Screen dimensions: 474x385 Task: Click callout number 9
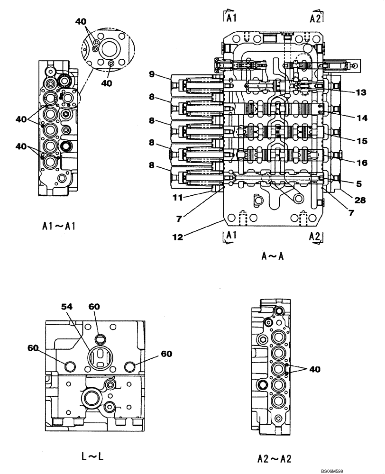click(x=151, y=74)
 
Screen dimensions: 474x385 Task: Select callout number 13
click(x=361, y=93)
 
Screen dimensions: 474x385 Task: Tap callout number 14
click(x=361, y=119)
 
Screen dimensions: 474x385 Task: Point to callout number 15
click(x=361, y=140)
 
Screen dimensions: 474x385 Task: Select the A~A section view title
click(x=272, y=256)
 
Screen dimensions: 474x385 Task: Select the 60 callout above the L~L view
click(x=94, y=307)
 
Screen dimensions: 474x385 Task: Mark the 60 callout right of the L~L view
click(x=166, y=354)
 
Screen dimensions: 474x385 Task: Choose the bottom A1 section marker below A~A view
click(x=231, y=236)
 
